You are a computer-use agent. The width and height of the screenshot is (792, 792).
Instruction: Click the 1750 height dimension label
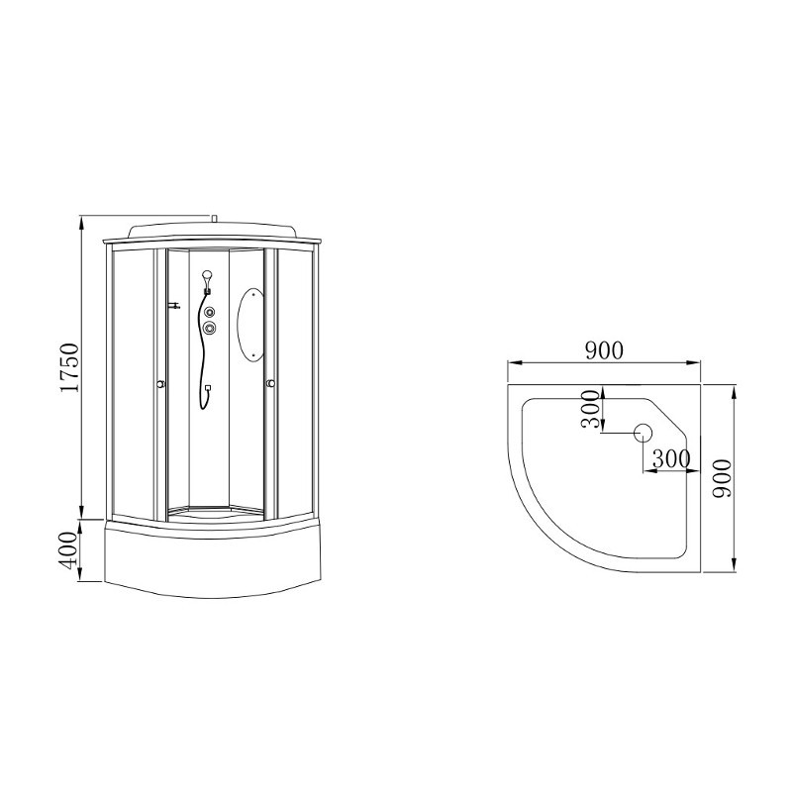[x=69, y=367]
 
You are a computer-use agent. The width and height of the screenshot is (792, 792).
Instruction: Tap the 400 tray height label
[x=69, y=550]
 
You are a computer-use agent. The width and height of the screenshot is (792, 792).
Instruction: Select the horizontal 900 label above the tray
[x=604, y=350]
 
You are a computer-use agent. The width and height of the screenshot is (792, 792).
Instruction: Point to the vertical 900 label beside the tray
[x=722, y=478]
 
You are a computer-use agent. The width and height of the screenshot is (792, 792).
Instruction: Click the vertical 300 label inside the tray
[x=591, y=409]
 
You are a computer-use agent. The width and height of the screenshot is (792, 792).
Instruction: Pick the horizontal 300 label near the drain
[x=671, y=458]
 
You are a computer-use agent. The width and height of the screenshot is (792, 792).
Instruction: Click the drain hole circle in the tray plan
[x=643, y=433]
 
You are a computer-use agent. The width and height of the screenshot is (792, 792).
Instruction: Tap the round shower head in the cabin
[x=207, y=276]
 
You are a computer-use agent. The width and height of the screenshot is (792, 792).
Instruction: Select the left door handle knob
[x=160, y=384]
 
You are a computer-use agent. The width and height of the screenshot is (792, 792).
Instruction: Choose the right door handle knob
[x=271, y=384]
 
